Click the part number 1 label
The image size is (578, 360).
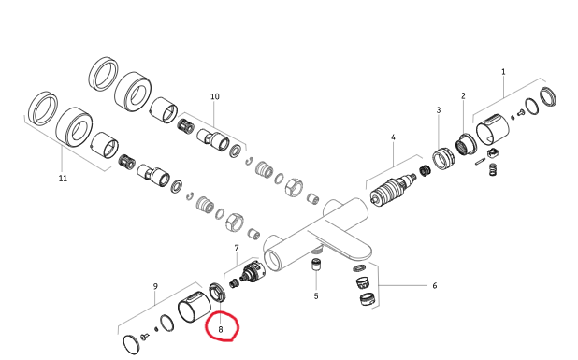tap(503, 72)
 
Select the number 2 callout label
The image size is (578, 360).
tap(463, 95)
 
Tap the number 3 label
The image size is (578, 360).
tap(439, 109)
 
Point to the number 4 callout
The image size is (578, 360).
tap(393, 137)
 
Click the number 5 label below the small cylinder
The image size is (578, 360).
tap(316, 296)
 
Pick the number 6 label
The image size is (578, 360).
tap(435, 285)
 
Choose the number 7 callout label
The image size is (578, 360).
tap(237, 248)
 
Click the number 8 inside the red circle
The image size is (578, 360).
tap(221, 329)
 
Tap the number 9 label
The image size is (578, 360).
tap(155, 286)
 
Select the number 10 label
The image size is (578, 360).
tap(215, 96)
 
